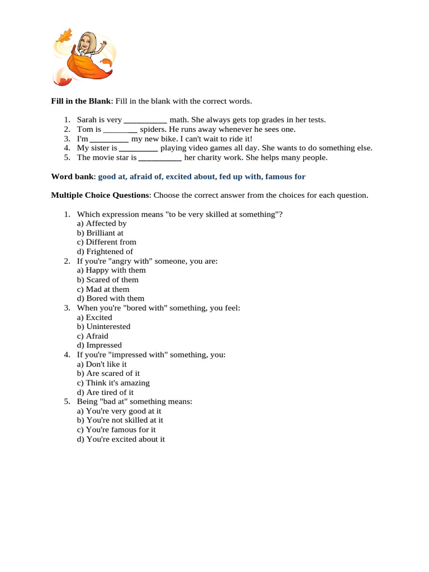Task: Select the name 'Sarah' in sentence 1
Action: click(87, 120)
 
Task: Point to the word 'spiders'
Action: click(154, 129)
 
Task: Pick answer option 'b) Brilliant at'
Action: click(101, 232)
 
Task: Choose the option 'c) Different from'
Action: click(107, 242)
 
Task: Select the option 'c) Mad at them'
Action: click(103, 289)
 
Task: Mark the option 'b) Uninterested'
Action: click(104, 326)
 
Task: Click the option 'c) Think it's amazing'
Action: click(113, 383)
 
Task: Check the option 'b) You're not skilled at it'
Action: click(120, 420)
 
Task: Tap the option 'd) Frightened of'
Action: click(105, 251)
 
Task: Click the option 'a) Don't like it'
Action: click(102, 364)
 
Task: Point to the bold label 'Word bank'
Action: click(72, 177)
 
